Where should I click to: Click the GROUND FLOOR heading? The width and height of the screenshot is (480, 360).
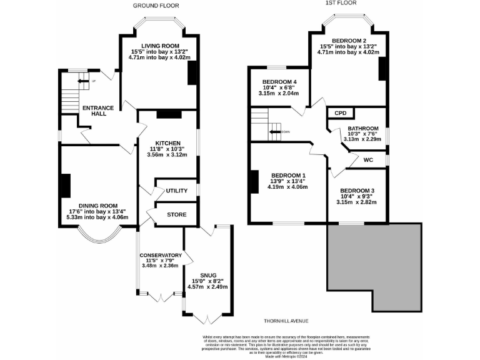click(156, 6)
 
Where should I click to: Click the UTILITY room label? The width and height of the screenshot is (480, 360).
click(177, 190)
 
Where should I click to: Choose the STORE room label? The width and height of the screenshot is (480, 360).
click(177, 214)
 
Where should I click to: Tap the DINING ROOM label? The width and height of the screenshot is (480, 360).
click(98, 206)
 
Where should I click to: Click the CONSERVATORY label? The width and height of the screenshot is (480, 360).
click(161, 255)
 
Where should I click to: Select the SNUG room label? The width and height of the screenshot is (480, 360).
click(207, 275)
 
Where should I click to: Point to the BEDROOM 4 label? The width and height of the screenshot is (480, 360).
click(279, 82)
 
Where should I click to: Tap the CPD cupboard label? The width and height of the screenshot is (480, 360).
click(341, 113)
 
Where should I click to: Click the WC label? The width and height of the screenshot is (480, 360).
click(368, 161)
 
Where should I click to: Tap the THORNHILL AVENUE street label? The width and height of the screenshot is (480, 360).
click(286, 321)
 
